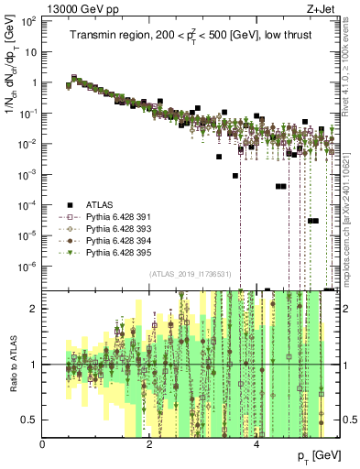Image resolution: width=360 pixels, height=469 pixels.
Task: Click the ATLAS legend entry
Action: point(97,203)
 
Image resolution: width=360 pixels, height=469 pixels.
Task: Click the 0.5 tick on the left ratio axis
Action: point(31,420)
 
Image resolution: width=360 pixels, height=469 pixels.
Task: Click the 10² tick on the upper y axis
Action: point(28,21)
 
